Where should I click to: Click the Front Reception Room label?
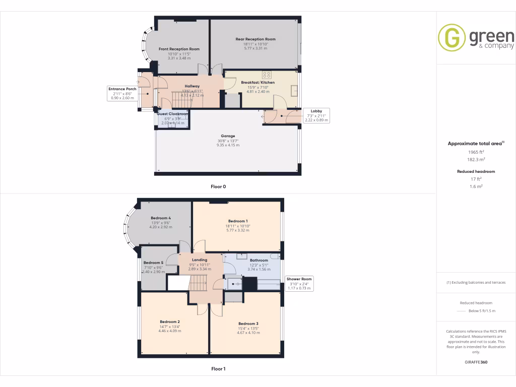click(x=179, y=49)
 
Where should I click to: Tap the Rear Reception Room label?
click(x=255, y=39)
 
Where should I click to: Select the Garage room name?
click(x=228, y=136)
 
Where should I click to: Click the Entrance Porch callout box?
click(x=122, y=93)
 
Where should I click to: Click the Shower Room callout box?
click(x=299, y=284)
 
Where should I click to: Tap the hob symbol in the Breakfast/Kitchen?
click(x=267, y=75)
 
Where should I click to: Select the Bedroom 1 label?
click(x=238, y=221)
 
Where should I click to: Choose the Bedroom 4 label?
click(x=161, y=218)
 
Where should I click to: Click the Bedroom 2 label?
click(x=170, y=321)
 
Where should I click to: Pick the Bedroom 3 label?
click(x=248, y=324)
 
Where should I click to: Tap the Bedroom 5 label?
click(x=153, y=263)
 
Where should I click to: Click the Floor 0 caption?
click(x=218, y=186)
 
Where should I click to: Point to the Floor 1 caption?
click(x=218, y=369)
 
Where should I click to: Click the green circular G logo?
click(x=451, y=38)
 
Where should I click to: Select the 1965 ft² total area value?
click(x=476, y=152)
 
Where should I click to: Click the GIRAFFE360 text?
click(x=476, y=362)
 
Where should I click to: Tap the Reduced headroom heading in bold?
click(x=476, y=171)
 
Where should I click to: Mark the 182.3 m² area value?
click(x=476, y=159)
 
